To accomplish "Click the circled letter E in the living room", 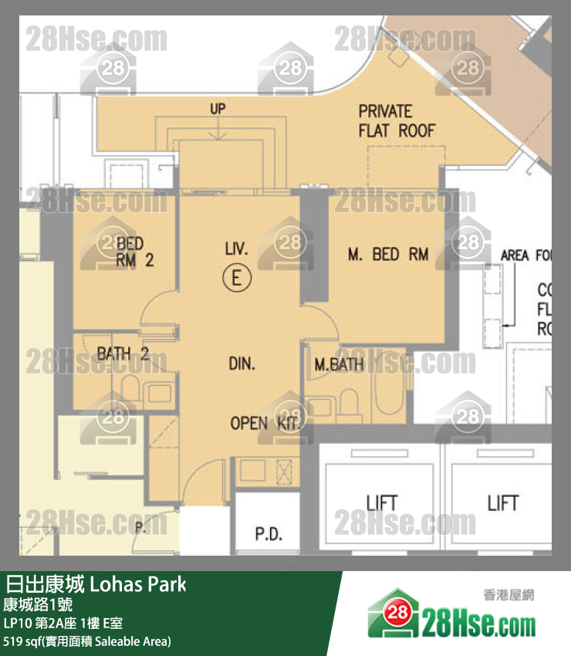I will (x=237, y=277).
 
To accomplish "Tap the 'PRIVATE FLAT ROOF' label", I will (x=396, y=121).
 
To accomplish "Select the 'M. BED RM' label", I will (x=387, y=254).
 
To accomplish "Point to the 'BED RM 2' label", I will (x=135, y=252).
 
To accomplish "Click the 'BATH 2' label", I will (x=123, y=354).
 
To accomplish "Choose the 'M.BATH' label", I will (x=339, y=364).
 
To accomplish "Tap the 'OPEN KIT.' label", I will (x=260, y=423).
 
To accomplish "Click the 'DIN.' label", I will (x=242, y=364).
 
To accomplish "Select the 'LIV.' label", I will (x=236, y=249).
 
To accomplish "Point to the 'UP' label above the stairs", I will (x=218, y=109).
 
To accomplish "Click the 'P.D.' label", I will (x=269, y=534).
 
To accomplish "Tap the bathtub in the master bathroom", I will (x=386, y=394).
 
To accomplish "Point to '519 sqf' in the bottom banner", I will (x=23, y=641).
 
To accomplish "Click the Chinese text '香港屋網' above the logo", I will (x=508, y=595).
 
